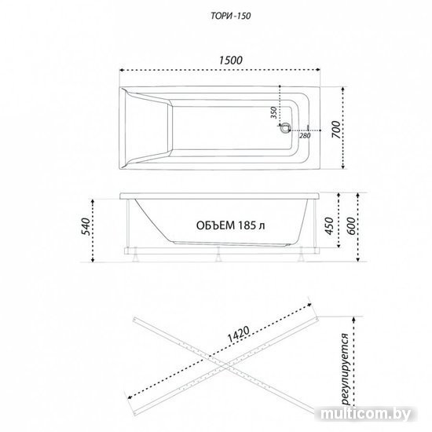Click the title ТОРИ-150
pos(231,16)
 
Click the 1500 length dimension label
pos(231,60)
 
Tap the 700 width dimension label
pos(336,130)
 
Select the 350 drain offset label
pos(273,112)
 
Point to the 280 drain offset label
pos(305,136)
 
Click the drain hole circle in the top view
pos(284,127)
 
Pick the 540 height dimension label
pos(86,226)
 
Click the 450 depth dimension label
pos(329,226)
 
